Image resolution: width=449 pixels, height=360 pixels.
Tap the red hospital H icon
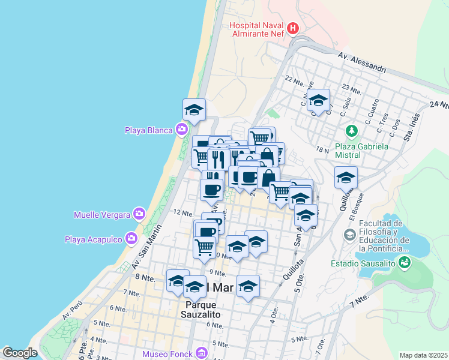[292, 28]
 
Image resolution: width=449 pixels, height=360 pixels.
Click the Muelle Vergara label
[103, 214]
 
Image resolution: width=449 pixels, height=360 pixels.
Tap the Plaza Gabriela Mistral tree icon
[351, 130]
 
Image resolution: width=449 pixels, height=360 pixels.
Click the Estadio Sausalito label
[363, 263]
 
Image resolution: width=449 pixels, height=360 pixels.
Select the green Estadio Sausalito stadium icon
[405, 262]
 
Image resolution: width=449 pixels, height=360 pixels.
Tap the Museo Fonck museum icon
[200, 353]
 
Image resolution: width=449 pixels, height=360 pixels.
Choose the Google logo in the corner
[20, 353]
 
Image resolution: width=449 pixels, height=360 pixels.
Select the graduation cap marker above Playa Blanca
[194, 110]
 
